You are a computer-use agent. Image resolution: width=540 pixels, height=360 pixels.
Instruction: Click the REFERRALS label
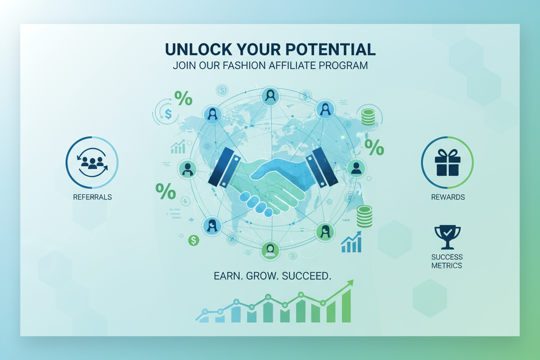point(93,197)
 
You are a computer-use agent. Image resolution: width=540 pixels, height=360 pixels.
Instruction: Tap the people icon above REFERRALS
point(92,162)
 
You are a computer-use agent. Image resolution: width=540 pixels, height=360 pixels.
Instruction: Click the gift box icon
point(447,162)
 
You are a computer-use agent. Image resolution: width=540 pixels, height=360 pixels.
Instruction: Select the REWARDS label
point(448,197)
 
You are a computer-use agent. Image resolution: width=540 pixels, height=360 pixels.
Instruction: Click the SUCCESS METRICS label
point(447,261)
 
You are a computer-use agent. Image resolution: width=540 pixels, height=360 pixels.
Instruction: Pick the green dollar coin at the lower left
point(193,240)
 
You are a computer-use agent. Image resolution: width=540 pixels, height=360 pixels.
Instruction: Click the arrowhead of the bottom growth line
point(350,283)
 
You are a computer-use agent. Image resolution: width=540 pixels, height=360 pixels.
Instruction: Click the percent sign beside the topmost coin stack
point(374,148)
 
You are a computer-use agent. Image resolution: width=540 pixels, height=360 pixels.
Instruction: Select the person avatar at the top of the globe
point(270,96)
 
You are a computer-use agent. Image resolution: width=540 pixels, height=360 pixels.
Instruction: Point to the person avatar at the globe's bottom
point(270,251)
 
